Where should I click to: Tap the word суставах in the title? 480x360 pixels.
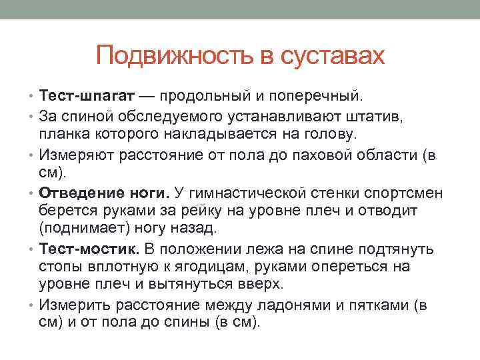pos(331,55)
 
